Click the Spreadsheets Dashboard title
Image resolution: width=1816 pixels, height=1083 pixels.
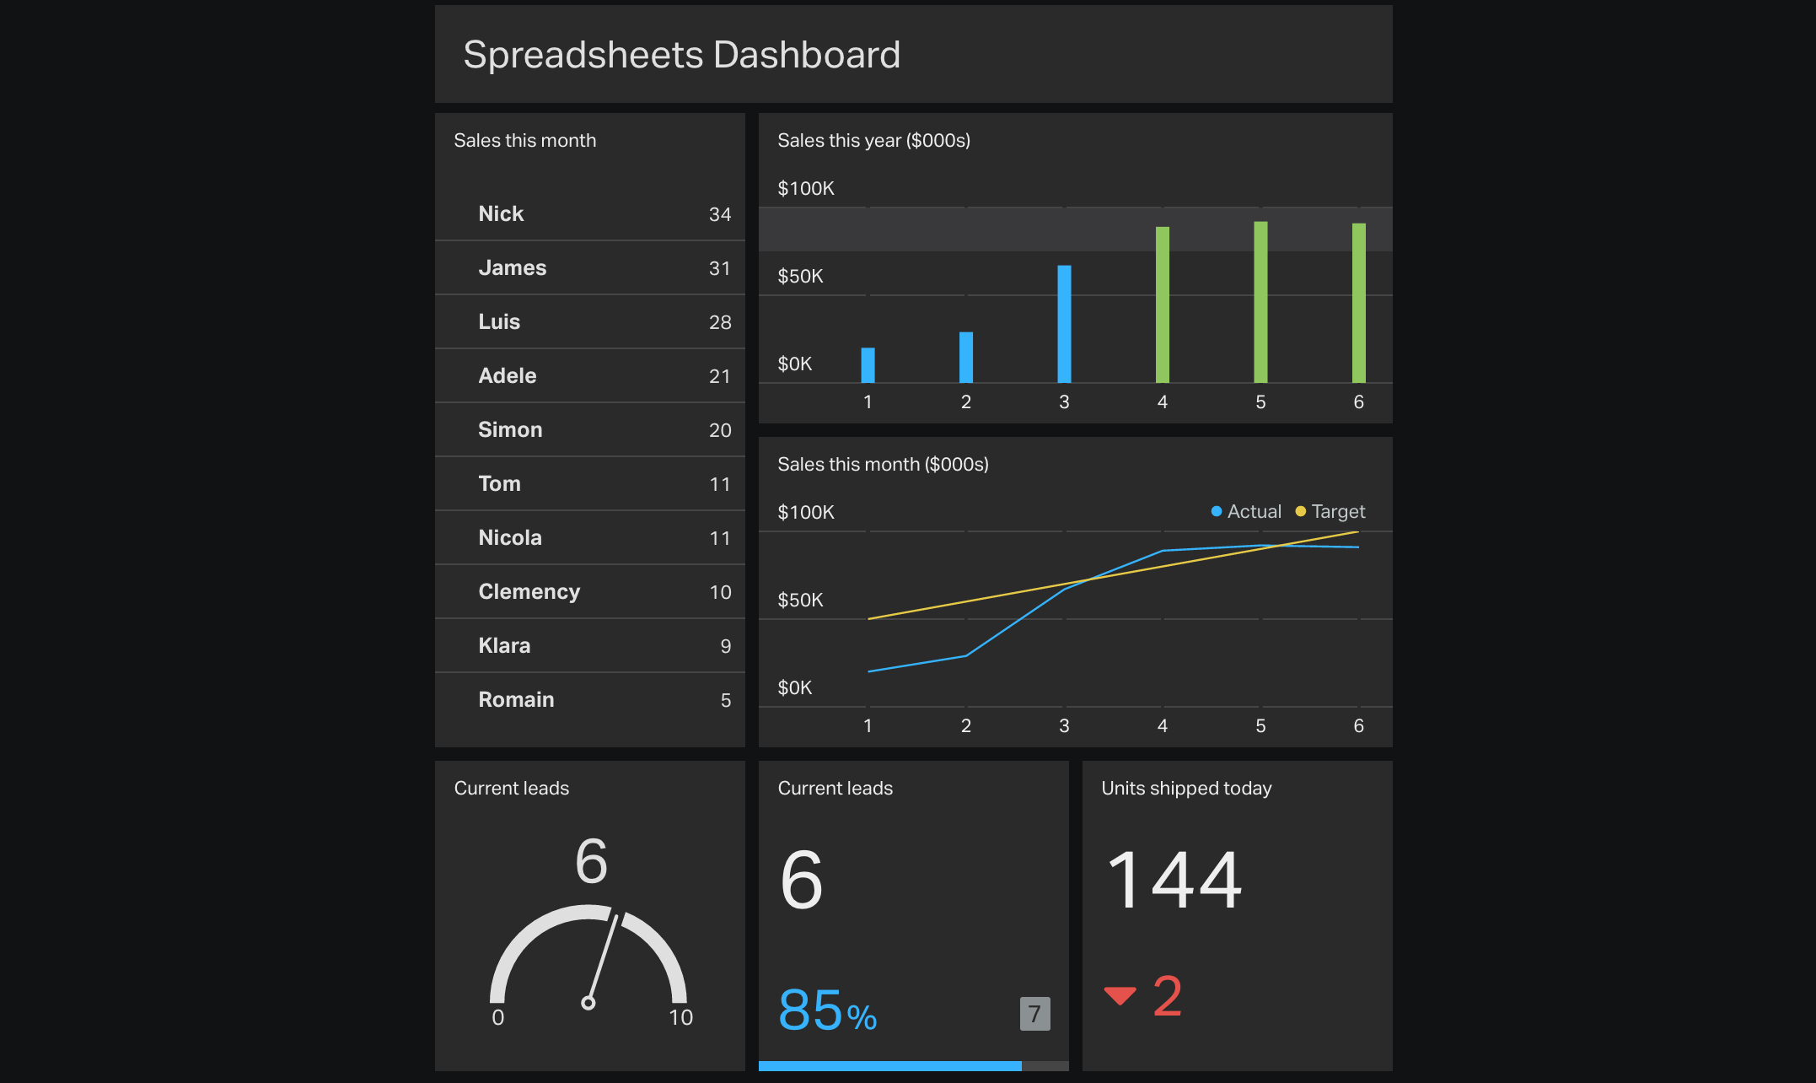pos(681,55)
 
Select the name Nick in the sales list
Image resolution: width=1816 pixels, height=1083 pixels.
pos(501,213)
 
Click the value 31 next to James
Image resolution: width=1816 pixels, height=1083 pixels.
pos(719,268)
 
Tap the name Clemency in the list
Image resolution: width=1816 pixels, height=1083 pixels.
pos(529,591)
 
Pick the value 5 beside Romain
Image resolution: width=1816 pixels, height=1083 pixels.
pos(725,700)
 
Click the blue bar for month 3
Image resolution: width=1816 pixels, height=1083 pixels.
pos(1064,325)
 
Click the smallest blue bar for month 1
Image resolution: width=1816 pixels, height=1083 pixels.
pos(868,365)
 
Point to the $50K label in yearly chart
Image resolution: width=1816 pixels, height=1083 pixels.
pos(799,276)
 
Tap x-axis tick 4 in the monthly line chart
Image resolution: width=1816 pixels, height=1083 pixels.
pos(1162,725)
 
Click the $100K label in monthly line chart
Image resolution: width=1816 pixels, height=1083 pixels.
pos(805,512)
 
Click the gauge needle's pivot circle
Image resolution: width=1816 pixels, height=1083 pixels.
pos(588,1003)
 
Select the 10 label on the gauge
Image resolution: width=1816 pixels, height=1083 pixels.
pos(680,1017)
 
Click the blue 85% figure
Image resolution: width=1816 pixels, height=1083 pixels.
pos(826,1010)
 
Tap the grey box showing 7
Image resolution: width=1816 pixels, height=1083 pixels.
pos(1034,1014)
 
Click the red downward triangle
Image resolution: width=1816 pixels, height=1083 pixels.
pos(1120,996)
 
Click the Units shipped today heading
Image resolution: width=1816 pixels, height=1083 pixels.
pos(1185,788)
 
